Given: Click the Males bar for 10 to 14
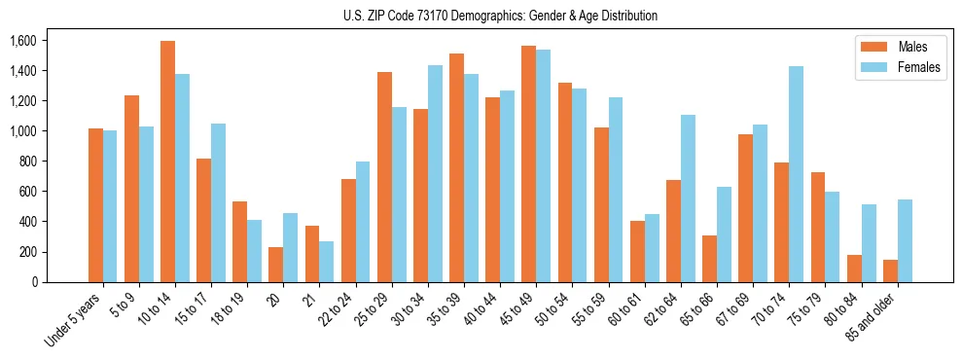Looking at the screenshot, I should [167, 162].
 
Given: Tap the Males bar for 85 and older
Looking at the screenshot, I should [890, 270].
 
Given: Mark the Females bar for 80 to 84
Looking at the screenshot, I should [869, 243].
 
